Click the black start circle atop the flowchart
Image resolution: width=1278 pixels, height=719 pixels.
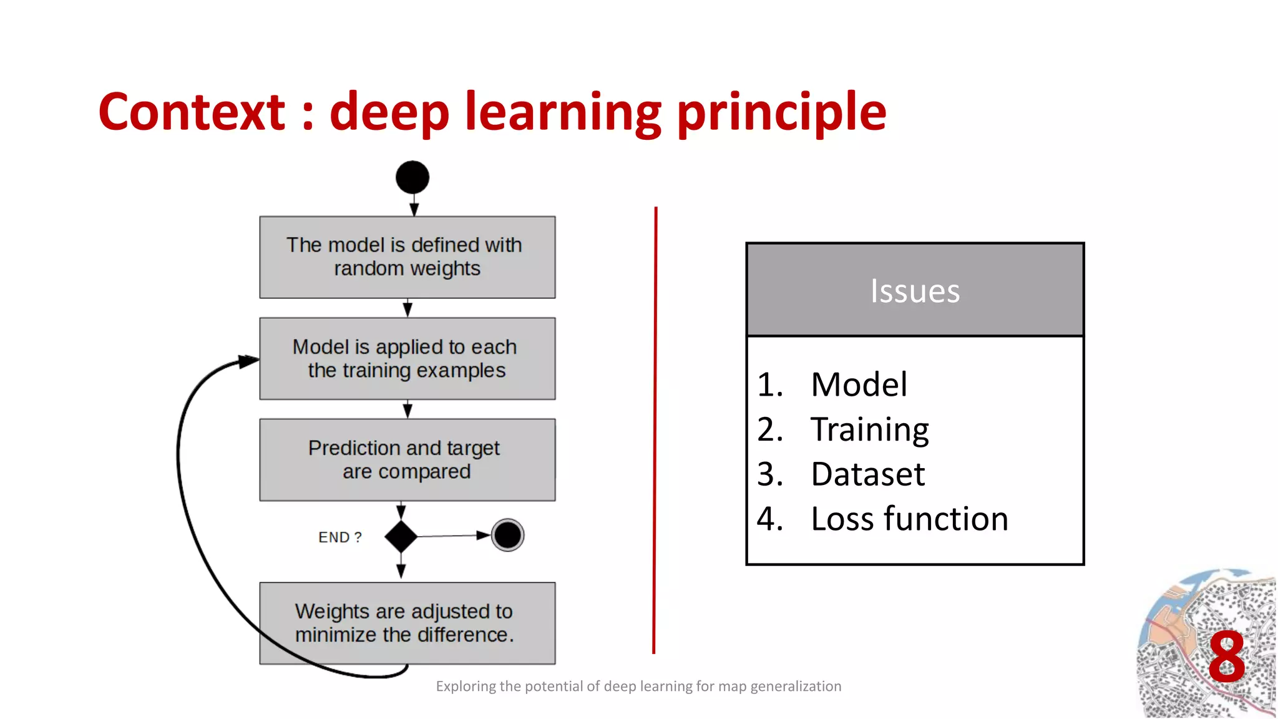(412, 177)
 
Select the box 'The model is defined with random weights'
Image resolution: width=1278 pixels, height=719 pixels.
(407, 257)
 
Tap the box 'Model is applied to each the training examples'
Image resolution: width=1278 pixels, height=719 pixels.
(407, 359)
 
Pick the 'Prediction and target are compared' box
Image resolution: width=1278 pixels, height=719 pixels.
(407, 460)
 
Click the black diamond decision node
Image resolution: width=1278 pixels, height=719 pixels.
(401, 536)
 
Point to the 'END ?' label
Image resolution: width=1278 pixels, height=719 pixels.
(340, 537)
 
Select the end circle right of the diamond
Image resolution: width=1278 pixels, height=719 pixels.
(507, 535)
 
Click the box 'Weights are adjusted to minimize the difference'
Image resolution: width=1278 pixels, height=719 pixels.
(407, 623)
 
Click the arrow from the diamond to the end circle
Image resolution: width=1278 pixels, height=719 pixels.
(452, 536)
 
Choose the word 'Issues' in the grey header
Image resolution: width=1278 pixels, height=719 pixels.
(915, 291)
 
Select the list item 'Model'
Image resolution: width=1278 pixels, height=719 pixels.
(859, 384)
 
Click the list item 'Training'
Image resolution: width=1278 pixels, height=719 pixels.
(869, 429)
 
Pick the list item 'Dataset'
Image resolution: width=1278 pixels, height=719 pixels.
(867, 474)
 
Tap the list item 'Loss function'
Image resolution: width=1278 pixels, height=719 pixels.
(909, 519)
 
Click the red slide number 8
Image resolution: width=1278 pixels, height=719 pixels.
(1226, 658)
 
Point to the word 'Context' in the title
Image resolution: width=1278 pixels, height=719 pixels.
(192, 112)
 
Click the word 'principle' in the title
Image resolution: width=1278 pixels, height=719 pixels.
(781, 112)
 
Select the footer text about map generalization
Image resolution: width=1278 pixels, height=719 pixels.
(638, 687)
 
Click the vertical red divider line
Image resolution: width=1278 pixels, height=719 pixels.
(655, 431)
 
